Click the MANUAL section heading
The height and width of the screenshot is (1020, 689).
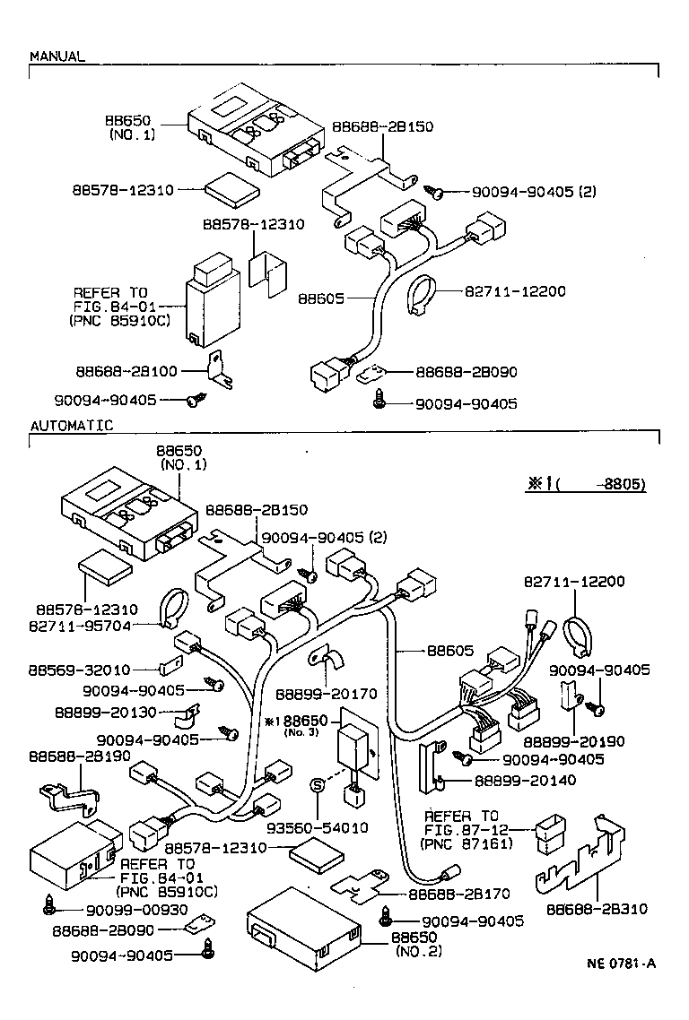tap(57, 56)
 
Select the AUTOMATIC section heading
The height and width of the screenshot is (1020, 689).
tap(72, 425)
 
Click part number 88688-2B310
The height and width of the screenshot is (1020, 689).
tap(597, 909)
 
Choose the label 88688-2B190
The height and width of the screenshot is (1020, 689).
tap(79, 756)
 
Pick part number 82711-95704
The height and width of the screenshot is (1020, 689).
tap(79, 624)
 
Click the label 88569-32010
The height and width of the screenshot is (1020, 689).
tap(79, 669)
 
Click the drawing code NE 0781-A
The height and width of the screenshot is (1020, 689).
tap(622, 964)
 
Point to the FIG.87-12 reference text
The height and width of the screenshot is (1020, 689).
tap(461, 829)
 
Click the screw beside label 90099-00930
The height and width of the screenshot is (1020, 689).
tap(48, 907)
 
